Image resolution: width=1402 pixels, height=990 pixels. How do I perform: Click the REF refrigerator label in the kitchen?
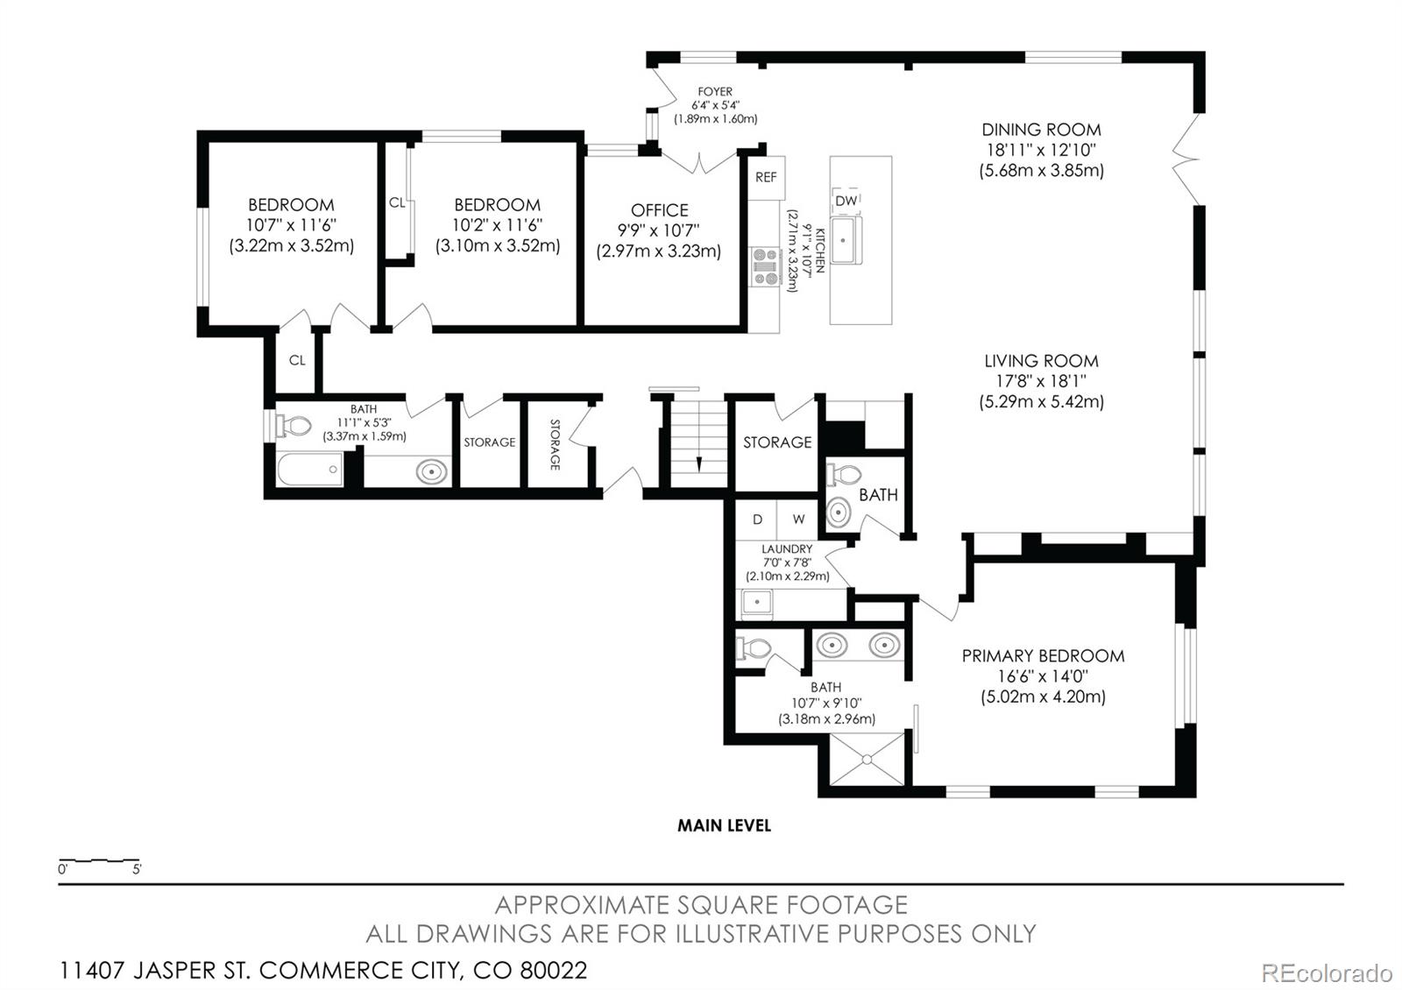[766, 177]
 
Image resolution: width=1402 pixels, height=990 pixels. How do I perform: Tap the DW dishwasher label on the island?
[846, 201]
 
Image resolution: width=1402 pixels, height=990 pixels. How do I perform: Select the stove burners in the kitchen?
[765, 266]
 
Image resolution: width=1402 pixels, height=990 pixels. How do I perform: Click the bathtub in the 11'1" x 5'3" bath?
[310, 470]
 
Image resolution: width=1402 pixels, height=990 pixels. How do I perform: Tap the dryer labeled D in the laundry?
[757, 520]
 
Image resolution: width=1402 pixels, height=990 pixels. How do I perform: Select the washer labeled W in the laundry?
[798, 520]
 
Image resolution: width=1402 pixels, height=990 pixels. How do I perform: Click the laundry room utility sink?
[757, 602]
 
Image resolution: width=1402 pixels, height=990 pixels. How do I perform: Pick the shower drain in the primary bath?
[867, 760]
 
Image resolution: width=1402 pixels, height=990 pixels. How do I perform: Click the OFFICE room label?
[659, 210]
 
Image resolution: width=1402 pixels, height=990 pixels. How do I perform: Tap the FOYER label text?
[715, 91]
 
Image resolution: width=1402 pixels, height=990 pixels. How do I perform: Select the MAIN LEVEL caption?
[724, 825]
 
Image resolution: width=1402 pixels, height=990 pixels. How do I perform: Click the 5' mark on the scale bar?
[137, 869]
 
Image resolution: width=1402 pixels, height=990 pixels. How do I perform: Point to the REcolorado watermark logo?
[1327, 973]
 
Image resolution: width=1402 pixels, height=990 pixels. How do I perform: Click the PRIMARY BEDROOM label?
[1043, 656]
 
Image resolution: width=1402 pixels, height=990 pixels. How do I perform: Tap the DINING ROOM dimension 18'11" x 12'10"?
[1042, 150]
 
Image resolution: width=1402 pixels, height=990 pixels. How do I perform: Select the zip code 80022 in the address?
[554, 971]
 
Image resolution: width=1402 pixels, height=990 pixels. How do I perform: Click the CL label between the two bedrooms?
[397, 202]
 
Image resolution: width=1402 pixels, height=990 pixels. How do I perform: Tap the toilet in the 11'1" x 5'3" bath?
[294, 426]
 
